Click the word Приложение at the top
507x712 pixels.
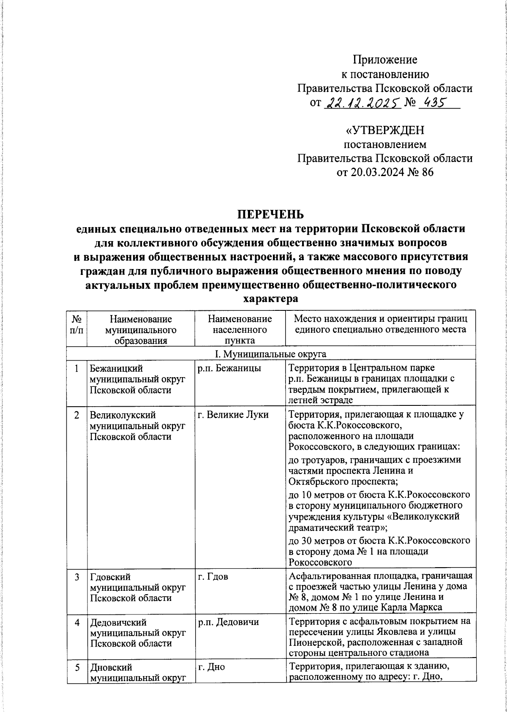click(x=385, y=60)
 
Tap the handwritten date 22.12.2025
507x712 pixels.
click(x=362, y=103)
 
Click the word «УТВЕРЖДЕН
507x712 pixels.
click(x=385, y=130)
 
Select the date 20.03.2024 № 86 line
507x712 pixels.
click(x=385, y=172)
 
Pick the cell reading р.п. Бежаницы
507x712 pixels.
click(x=229, y=368)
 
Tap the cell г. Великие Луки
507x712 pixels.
click(x=233, y=415)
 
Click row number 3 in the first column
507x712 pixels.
click(x=76, y=577)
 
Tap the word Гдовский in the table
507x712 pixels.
click(x=110, y=577)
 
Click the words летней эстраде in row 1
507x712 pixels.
click(x=321, y=400)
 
